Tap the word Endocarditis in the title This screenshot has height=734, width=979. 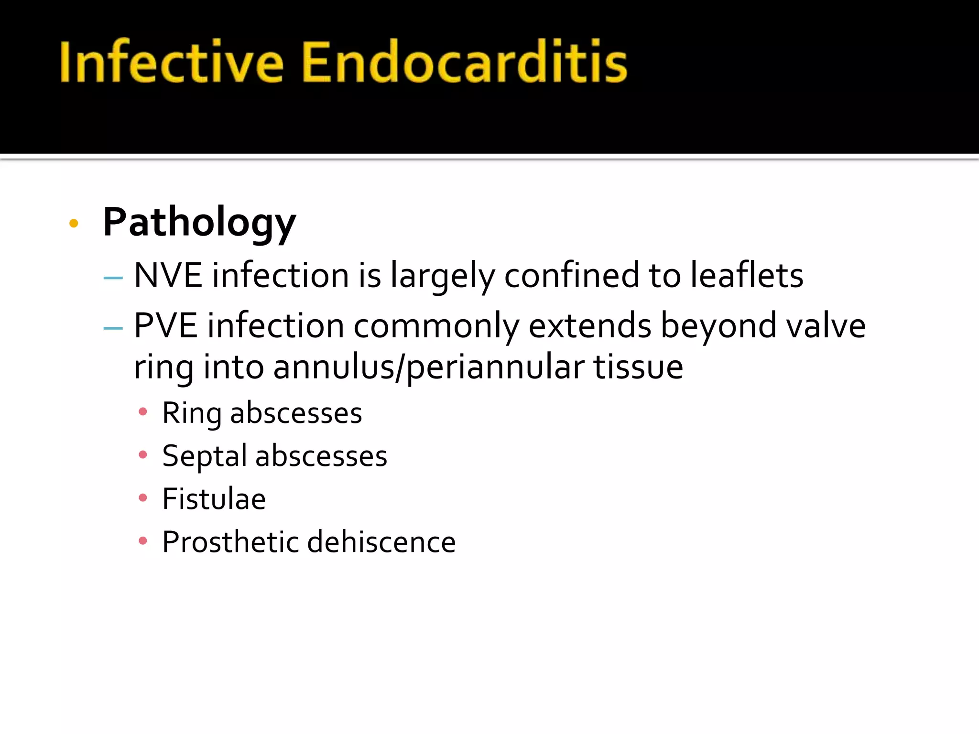[464, 62]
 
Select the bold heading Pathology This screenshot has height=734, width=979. [199, 223]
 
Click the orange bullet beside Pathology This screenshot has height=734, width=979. [74, 223]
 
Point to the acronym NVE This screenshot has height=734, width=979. [168, 276]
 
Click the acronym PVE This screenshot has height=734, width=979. [165, 326]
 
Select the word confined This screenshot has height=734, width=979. [571, 276]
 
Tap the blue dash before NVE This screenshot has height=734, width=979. [113, 278]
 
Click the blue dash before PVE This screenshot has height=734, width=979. [113, 328]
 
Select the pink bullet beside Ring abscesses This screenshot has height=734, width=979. [142, 412]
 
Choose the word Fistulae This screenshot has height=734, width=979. [214, 499]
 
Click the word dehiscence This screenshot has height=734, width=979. [381, 542]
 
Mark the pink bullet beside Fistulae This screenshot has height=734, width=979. [142, 498]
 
